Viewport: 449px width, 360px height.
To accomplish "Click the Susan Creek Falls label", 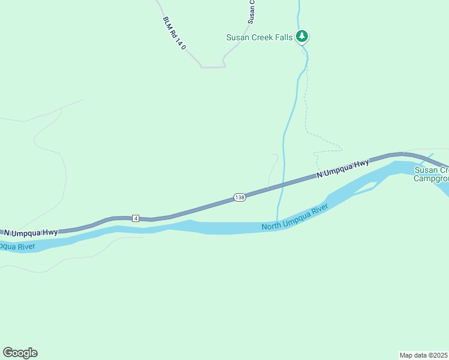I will pos(259,37).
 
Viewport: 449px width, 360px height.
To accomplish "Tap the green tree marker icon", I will pos(303,37).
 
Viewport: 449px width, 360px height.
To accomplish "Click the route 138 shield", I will pos(240,197).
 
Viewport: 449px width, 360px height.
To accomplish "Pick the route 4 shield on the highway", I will pos(136,218).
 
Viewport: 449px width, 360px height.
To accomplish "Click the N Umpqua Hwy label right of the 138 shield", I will pos(342,170).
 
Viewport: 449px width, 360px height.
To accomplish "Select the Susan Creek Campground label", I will pos(432,174).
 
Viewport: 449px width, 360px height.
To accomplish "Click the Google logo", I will pos(20,353).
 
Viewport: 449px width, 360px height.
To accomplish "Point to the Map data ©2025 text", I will pos(424,355).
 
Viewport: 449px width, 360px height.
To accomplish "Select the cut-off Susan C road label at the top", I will pos(252,11).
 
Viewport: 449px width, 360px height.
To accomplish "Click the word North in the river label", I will pos(272,226).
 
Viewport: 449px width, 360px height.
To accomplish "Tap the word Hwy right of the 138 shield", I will pos(360,165).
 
